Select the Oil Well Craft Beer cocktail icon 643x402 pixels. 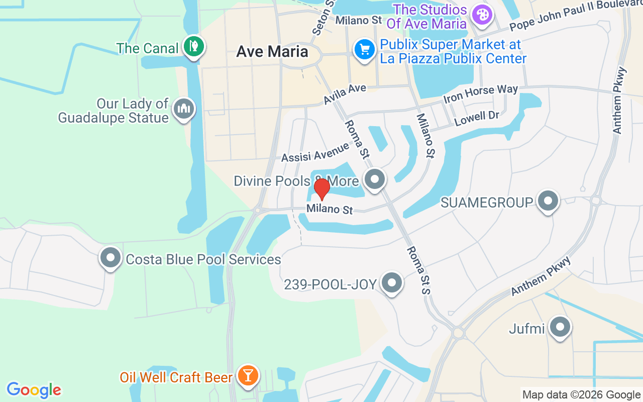click(248, 375)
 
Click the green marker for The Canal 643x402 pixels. click(193, 46)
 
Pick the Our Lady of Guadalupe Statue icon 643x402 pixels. click(184, 109)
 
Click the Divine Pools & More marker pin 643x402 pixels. click(374, 179)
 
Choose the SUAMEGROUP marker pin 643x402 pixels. click(548, 201)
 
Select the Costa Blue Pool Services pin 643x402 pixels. click(111, 258)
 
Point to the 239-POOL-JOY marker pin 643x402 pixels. click(392, 283)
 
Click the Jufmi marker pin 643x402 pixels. click(560, 327)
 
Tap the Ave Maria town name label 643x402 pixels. click(272, 51)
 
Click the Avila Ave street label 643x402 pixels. click(345, 94)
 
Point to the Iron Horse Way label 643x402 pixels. click(480, 93)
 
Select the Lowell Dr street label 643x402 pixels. click(477, 119)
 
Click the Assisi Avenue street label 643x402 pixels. click(315, 152)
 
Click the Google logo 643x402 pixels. click(34, 390)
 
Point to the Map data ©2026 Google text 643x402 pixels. click(581, 395)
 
